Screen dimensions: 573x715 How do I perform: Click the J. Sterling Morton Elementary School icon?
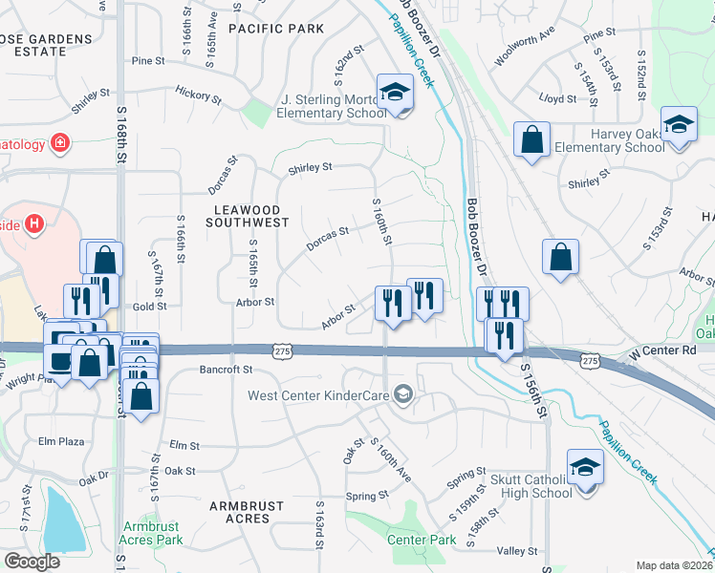click(x=392, y=93)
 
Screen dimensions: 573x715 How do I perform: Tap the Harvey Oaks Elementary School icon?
click(x=679, y=125)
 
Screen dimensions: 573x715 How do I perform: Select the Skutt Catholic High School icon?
click(x=583, y=468)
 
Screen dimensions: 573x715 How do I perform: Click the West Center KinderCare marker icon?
click(x=404, y=394)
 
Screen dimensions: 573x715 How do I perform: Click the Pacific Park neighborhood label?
click(x=276, y=29)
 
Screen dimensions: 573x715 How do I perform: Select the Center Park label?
click(x=422, y=540)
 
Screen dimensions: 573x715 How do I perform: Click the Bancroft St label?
click(x=226, y=369)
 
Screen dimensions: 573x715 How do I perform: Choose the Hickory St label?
click(x=198, y=95)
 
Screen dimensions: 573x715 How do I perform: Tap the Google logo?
click(x=32, y=561)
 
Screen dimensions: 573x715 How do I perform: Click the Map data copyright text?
click(x=675, y=565)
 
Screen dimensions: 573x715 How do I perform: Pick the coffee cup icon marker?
click(x=59, y=361)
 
